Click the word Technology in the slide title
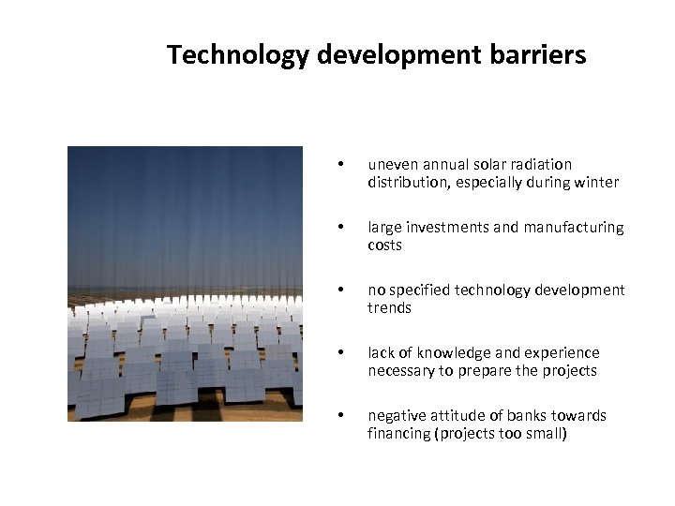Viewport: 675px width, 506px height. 237,55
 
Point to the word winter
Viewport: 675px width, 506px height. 596,183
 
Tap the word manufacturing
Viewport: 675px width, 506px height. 573,228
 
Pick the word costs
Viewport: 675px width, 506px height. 384,246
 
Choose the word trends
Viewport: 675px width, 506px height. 389,308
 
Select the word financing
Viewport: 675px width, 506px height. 397,434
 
